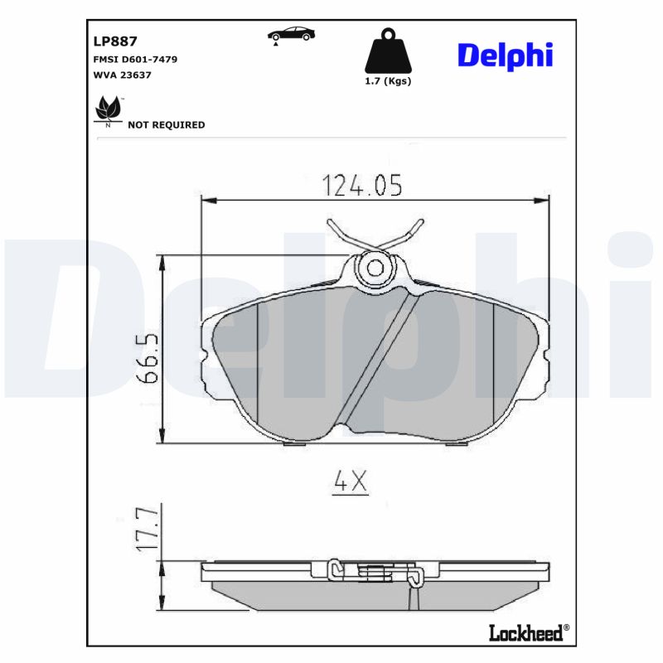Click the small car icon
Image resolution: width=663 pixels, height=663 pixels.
[290, 34]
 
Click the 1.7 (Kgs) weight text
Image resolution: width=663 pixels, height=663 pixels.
[388, 81]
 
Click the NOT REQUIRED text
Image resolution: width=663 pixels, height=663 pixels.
[166, 125]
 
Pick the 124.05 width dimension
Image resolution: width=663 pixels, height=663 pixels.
[362, 186]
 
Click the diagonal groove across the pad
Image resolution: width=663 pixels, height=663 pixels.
[377, 356]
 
